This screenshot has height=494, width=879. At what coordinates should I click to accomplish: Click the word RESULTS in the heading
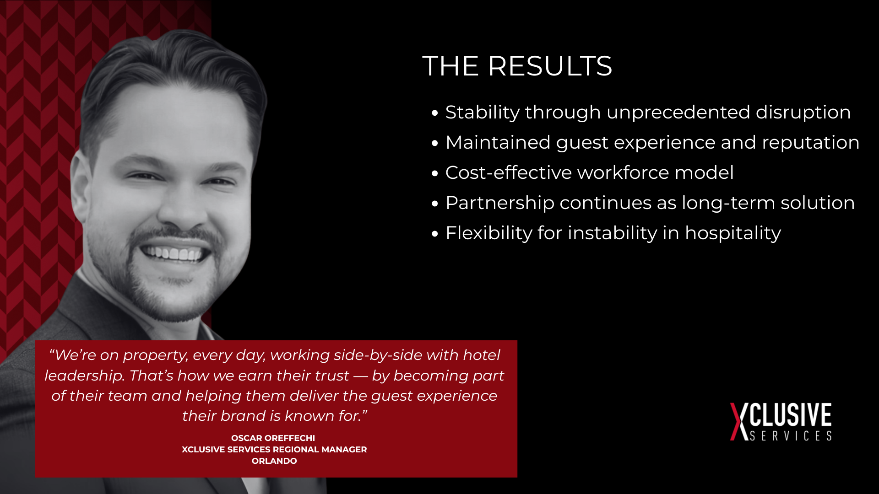[x=550, y=66]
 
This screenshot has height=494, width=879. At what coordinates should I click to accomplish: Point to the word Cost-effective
[x=509, y=172]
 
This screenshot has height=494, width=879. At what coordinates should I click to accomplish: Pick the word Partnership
[x=500, y=203]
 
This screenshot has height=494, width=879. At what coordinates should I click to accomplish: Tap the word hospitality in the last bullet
[x=732, y=233]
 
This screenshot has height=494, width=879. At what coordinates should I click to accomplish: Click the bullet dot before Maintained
[x=435, y=143]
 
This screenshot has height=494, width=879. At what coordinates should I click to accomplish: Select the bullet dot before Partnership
[x=435, y=204]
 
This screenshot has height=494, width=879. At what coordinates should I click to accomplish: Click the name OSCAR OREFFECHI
[x=273, y=438]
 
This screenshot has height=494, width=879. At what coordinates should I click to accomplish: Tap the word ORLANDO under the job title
[x=274, y=461]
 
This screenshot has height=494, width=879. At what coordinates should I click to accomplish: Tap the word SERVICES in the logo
[x=791, y=436]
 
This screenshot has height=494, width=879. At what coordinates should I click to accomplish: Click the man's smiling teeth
[x=172, y=252]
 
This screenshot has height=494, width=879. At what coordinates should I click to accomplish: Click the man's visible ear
[x=81, y=192]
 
